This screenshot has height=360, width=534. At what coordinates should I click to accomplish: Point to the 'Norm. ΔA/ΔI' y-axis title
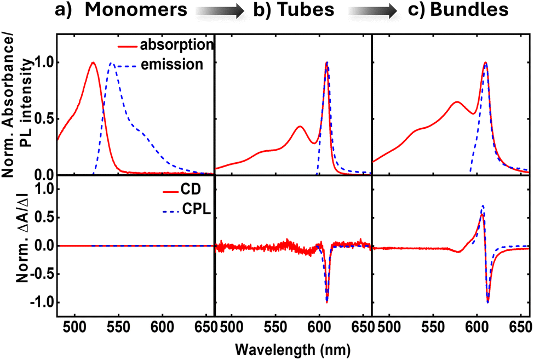click(x=21, y=246)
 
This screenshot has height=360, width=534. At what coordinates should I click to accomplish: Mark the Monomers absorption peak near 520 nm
click(x=93, y=62)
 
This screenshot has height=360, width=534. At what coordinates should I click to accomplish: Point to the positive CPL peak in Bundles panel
click(x=483, y=207)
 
